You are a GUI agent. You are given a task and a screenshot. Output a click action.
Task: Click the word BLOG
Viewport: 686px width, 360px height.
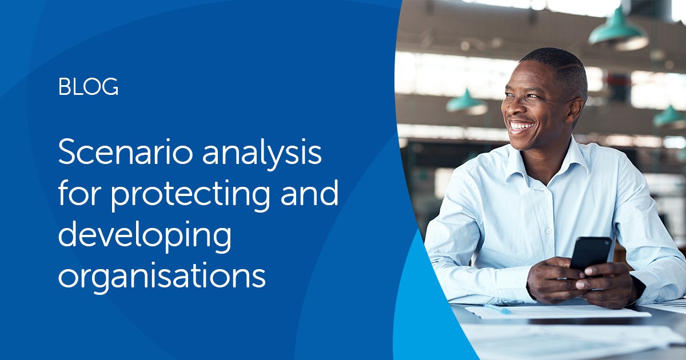(x=88, y=87)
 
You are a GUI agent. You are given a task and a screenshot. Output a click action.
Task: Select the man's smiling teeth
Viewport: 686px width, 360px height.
(x=522, y=125)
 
